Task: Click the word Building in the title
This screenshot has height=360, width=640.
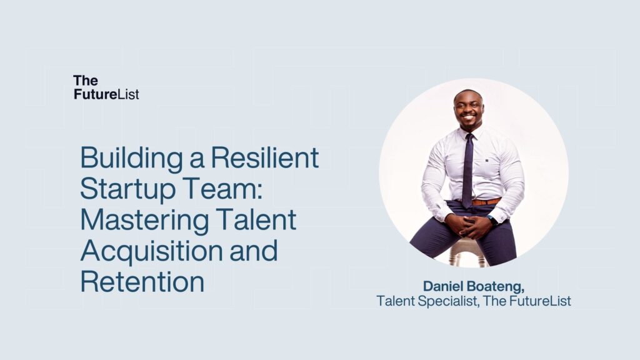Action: point(131,158)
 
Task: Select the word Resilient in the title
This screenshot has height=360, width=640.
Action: point(264,157)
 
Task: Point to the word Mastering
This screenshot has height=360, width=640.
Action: point(144,221)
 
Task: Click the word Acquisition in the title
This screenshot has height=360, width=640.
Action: point(151,251)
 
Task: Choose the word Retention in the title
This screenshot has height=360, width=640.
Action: point(142,281)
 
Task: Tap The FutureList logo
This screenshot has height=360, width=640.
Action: point(106,87)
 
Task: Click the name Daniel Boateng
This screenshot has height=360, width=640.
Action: point(474,286)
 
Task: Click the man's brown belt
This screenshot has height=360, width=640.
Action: point(486,202)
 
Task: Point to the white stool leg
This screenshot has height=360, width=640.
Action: point(453,256)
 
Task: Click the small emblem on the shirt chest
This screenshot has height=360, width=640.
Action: point(487,161)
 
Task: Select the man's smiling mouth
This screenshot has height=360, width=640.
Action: point(468,117)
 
